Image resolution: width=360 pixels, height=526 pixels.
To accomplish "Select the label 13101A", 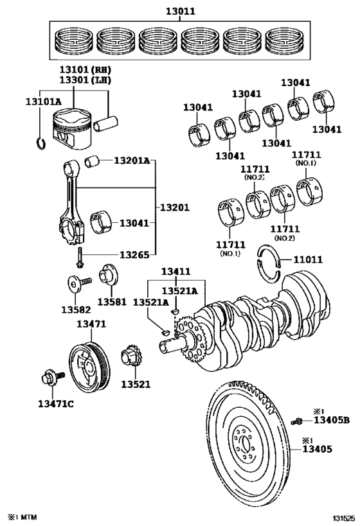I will tap(44, 101).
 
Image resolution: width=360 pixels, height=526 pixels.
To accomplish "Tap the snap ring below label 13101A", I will tap(40, 141).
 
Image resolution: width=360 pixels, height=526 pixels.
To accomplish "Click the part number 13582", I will tap(75, 309).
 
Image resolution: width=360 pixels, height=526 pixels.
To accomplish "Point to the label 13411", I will tap(177, 272).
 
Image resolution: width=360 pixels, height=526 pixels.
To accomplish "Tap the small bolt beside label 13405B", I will tap(297, 421).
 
